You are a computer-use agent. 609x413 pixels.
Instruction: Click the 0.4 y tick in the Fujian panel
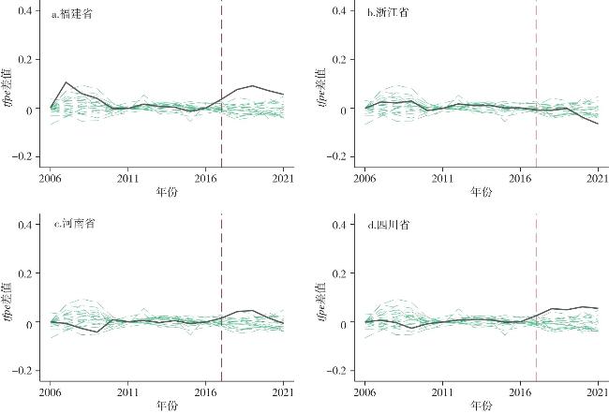[x=26, y=11]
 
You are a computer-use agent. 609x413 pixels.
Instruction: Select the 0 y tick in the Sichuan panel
[x=345, y=323]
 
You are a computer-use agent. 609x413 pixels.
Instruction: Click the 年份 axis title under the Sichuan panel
[x=481, y=406]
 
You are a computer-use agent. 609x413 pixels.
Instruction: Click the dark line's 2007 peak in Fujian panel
[x=67, y=82]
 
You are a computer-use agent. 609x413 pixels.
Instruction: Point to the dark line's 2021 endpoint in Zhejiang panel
[x=598, y=124]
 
